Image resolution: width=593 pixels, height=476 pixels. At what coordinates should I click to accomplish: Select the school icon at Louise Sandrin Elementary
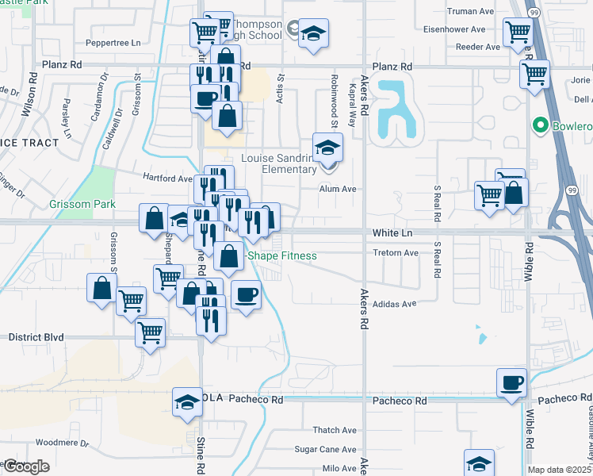326,147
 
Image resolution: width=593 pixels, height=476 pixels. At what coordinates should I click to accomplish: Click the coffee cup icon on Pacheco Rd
511,382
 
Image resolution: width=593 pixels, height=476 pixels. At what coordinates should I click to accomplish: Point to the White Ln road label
393,233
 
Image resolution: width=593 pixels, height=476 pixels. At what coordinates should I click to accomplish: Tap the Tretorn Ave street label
395,253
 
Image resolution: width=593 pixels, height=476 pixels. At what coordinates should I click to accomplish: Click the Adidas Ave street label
394,304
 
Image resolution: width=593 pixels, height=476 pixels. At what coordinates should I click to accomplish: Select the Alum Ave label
338,190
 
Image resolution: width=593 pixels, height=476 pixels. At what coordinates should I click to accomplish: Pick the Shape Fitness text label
282,255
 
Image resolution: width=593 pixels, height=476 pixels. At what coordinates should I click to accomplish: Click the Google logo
25,466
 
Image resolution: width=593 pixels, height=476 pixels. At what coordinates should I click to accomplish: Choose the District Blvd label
35,337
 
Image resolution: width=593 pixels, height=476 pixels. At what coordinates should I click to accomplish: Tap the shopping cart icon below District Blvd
150,332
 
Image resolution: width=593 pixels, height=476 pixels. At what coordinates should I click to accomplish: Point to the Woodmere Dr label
59,441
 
